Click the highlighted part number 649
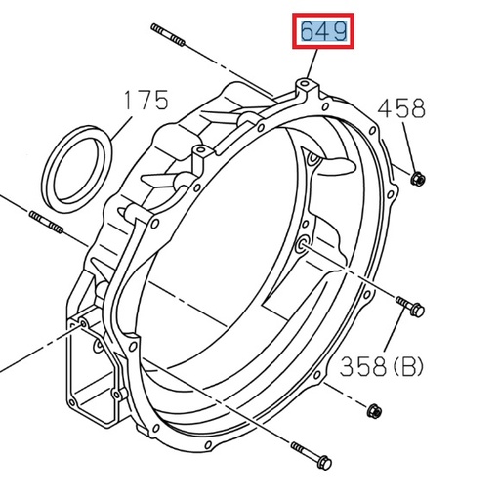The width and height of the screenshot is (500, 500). [323, 33]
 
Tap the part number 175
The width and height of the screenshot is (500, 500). [146, 100]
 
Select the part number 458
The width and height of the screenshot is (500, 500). [401, 107]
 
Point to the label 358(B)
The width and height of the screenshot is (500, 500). [383, 366]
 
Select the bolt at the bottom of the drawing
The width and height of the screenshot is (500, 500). [311, 455]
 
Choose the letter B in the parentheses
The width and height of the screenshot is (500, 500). [409, 367]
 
